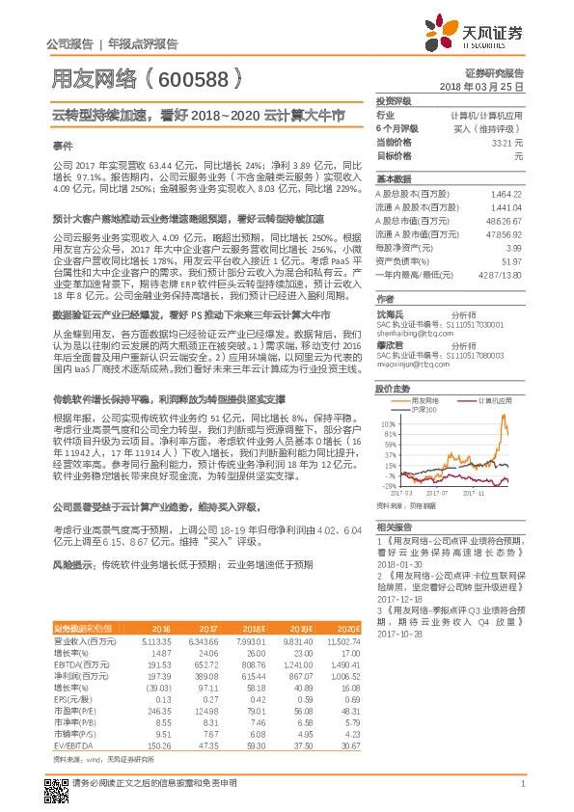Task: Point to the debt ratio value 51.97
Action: pyautogui.click(x=510, y=261)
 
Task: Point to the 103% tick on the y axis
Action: pyautogui.click(x=390, y=423)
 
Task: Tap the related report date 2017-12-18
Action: pyautogui.click(x=395, y=597)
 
